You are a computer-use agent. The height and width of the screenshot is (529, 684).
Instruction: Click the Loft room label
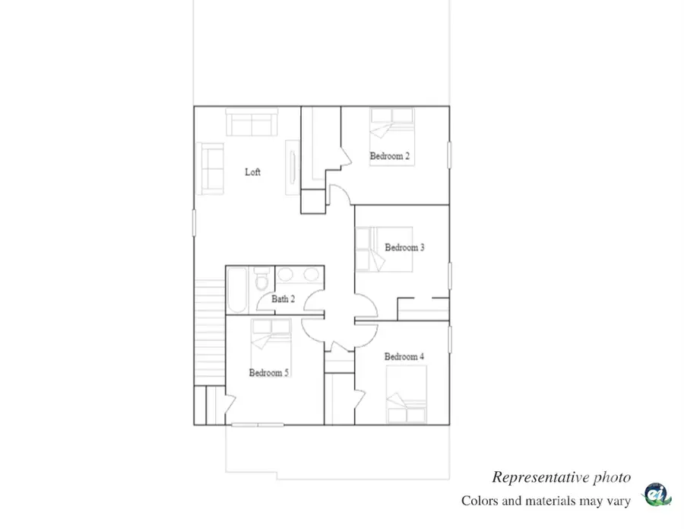[x=252, y=173]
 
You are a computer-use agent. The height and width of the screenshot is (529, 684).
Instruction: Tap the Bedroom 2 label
[x=390, y=157]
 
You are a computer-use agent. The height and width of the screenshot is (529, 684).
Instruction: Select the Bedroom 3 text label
[x=404, y=247]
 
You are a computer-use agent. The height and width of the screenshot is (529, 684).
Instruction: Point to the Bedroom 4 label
[x=404, y=357]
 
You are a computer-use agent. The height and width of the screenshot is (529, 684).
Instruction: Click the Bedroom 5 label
[x=269, y=373]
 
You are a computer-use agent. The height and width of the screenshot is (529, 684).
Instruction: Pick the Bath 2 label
[x=283, y=299]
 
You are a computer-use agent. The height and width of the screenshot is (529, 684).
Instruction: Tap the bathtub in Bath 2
[x=236, y=290]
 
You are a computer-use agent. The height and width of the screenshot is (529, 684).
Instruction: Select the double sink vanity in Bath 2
[x=299, y=276]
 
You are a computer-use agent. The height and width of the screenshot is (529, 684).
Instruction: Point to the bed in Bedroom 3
[x=385, y=249]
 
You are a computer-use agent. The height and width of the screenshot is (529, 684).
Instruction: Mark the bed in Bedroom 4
[x=406, y=394]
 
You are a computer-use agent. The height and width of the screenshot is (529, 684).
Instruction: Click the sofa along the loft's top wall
[x=252, y=122]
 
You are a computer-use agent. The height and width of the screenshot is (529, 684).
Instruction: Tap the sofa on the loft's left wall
[x=211, y=167]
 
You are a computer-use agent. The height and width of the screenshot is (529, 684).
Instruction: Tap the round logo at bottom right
[x=657, y=495]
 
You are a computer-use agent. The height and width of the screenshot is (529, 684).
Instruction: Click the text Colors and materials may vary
[x=546, y=501]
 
